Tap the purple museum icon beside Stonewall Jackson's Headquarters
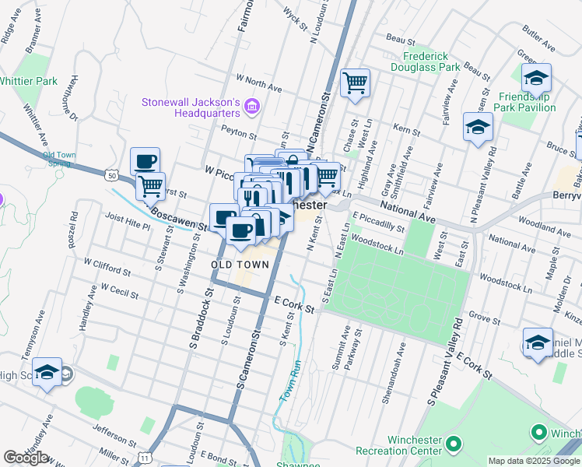pyautogui.click(x=251, y=106)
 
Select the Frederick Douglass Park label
pyautogui.click(x=432, y=61)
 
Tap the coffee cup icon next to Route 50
pyautogui.click(x=145, y=162)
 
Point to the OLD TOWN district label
pyautogui.click(x=240, y=265)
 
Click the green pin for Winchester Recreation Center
pyautogui.click(x=454, y=444)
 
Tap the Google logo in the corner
pyautogui.click(x=26, y=458)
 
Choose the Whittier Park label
pyautogui.click(x=27, y=81)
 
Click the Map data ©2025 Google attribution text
pyautogui.click(x=533, y=461)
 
